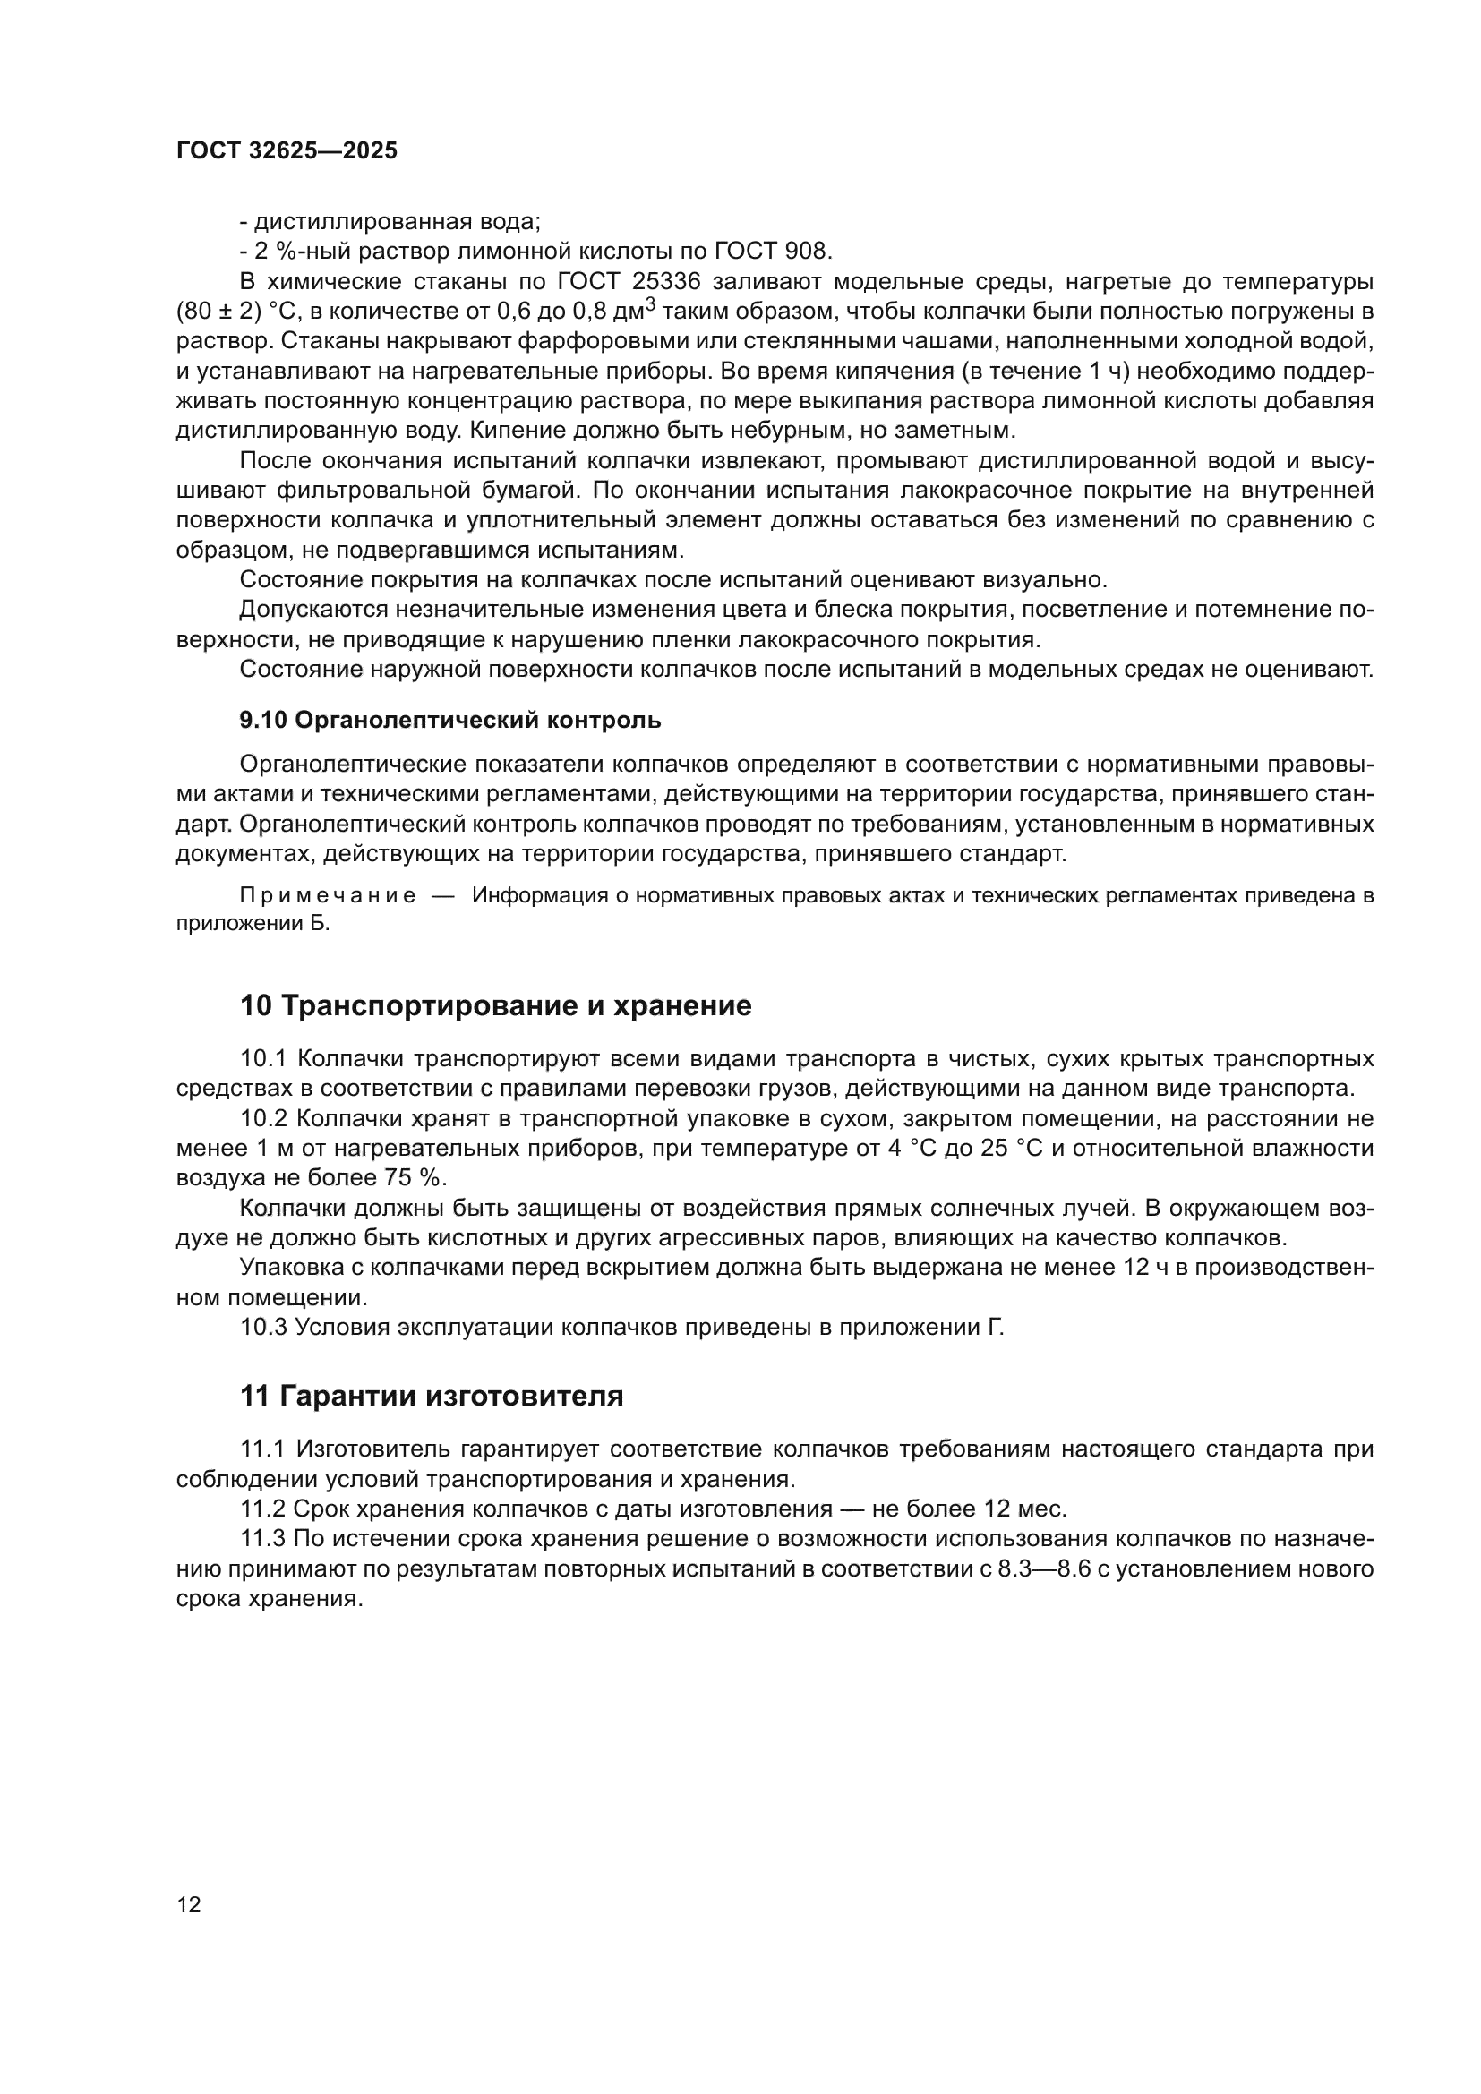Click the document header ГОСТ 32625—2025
[x=287, y=150]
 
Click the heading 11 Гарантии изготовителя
[x=432, y=1396]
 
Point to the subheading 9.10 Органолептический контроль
[x=449, y=721]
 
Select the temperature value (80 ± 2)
[x=218, y=312]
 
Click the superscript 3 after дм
[x=650, y=304]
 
